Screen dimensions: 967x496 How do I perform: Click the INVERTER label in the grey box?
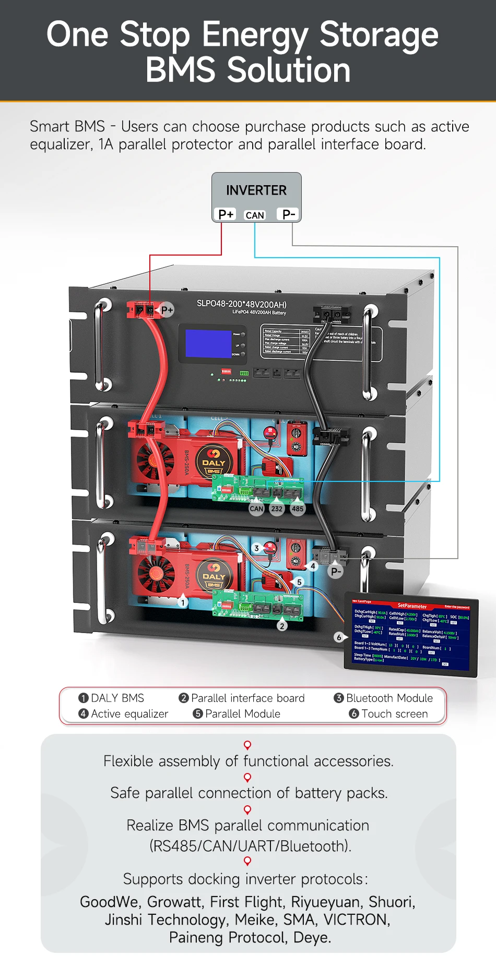click(x=256, y=190)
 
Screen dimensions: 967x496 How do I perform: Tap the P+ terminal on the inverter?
click(x=226, y=214)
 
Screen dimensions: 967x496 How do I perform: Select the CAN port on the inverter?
click(x=255, y=215)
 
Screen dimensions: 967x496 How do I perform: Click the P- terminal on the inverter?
click(x=289, y=214)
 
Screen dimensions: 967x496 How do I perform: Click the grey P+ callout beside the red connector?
click(x=167, y=310)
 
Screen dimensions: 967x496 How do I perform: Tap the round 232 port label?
click(x=277, y=509)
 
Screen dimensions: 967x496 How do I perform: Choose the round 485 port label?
click(x=298, y=509)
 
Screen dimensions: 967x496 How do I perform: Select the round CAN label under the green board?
click(x=256, y=509)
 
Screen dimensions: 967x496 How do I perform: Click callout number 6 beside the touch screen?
click(x=339, y=637)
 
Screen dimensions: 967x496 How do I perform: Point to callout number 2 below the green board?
click(x=282, y=626)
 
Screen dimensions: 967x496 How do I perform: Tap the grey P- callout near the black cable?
click(x=336, y=572)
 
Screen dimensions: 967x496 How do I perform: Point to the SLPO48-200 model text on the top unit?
click(x=241, y=304)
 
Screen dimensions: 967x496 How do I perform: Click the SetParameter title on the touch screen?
click(x=412, y=606)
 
